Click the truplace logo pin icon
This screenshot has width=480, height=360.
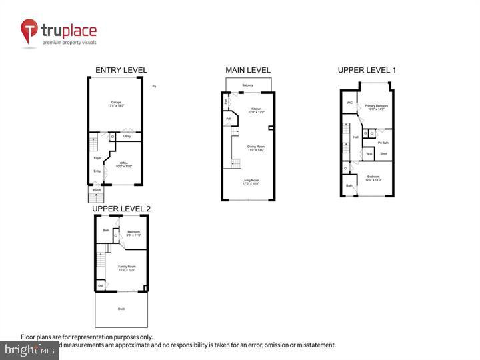pyautogui.click(x=29, y=31)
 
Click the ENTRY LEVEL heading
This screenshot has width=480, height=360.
pyautogui.click(x=121, y=70)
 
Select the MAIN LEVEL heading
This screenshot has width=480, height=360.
pyautogui.click(x=248, y=70)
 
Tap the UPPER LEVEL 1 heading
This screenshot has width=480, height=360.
pyautogui.click(x=367, y=70)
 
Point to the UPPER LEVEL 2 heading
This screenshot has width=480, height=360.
pyautogui.click(x=121, y=209)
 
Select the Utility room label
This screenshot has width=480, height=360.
pyautogui.click(x=127, y=137)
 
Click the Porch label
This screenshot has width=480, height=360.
pyautogui.click(x=97, y=190)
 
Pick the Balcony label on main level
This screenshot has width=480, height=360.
pyautogui.click(x=248, y=85)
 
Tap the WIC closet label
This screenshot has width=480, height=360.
pyautogui.click(x=349, y=103)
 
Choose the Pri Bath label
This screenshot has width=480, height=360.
pyautogui.click(x=383, y=142)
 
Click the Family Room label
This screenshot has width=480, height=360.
pyautogui.click(x=127, y=268)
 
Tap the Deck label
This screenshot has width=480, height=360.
pyautogui.click(x=121, y=309)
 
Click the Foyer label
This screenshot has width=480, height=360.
pyautogui.click(x=97, y=158)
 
